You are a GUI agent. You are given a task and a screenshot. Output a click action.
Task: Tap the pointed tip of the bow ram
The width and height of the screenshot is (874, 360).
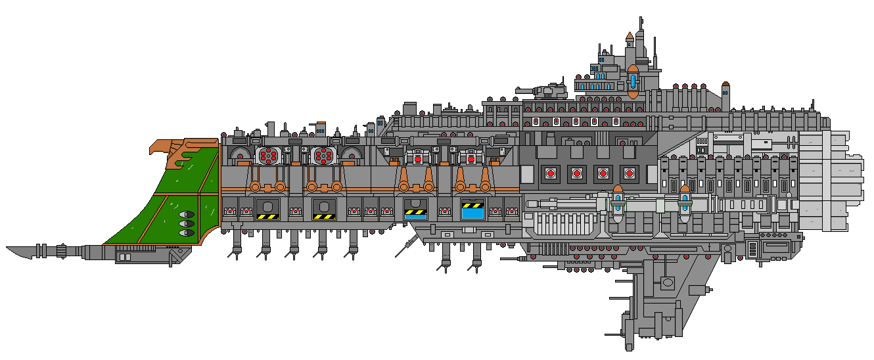9,249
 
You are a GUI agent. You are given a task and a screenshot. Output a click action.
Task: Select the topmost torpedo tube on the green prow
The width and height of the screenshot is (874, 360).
186,214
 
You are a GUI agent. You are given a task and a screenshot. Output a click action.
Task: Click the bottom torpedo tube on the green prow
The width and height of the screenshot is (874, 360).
186,233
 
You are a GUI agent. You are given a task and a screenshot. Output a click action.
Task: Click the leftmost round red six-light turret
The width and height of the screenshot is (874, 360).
267,156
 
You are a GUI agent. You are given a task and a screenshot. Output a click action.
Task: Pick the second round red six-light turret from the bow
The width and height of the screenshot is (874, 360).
323,156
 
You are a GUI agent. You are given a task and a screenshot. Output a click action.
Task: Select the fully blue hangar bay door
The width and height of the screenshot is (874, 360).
472,208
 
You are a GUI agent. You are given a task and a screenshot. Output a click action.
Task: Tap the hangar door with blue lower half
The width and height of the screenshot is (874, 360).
415,208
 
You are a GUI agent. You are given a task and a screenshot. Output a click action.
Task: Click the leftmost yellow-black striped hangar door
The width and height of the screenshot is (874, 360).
267,208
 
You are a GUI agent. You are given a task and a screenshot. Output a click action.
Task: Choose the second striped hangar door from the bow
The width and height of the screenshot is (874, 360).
325,208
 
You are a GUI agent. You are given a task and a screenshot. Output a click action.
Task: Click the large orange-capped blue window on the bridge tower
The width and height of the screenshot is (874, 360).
633,81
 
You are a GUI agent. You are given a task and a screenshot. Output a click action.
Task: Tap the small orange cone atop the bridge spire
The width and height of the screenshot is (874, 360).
630,35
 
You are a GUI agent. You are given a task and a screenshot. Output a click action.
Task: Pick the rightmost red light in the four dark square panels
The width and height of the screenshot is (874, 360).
630,173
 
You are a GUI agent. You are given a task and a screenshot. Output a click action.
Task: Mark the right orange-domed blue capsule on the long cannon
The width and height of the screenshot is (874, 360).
684,201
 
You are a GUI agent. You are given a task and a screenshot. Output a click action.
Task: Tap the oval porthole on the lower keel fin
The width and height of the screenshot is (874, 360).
668,282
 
